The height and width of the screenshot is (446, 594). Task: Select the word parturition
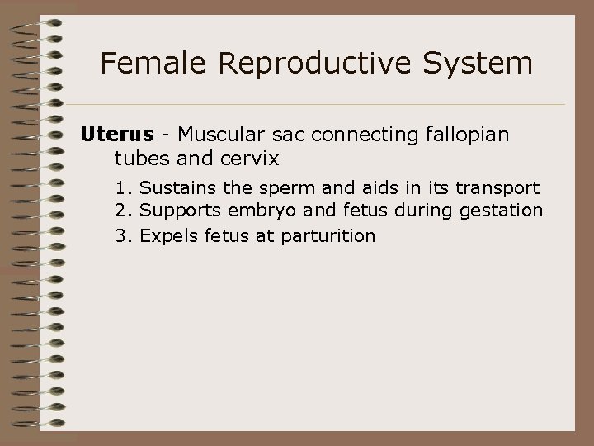(x=328, y=236)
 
